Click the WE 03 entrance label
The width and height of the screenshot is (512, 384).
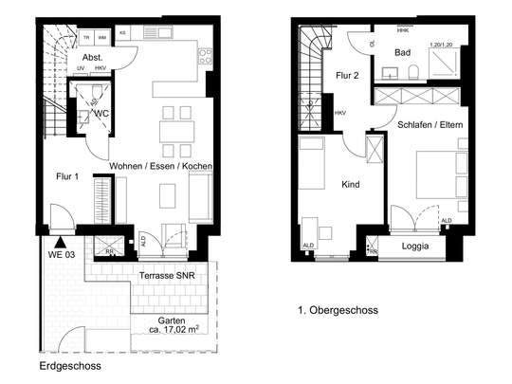click(x=62, y=255)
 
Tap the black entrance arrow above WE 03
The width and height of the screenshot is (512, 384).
click(x=62, y=241)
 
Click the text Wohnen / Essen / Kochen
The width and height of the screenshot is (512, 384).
click(x=160, y=166)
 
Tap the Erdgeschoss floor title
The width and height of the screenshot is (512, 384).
click(x=70, y=365)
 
